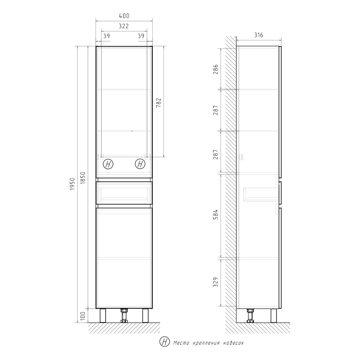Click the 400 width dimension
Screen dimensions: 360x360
point(124,16)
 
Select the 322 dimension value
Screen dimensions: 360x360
point(124,26)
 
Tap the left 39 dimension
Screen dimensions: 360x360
point(107,36)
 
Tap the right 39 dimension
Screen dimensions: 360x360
point(141,36)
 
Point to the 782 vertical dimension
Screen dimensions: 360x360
point(158,103)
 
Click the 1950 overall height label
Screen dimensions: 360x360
point(72,184)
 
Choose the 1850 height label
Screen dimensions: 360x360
point(83,178)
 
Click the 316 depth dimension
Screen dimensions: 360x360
point(259,35)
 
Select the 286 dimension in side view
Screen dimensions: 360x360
point(216,69)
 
